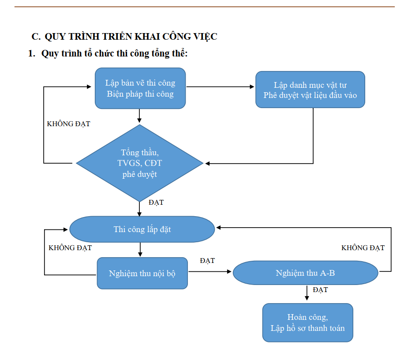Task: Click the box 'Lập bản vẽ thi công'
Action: point(140,88)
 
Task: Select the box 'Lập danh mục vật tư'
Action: point(310,90)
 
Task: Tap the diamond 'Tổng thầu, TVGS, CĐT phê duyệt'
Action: point(140,163)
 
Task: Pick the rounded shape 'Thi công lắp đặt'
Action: point(142,229)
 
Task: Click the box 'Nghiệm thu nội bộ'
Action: point(142,273)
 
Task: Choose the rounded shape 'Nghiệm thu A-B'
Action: point(305,273)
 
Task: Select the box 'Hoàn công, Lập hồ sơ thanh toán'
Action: point(307,322)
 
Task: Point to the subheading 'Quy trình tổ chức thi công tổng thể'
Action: point(114,54)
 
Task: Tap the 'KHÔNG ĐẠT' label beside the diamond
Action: point(68,124)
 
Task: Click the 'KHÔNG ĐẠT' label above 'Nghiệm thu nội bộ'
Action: point(70,248)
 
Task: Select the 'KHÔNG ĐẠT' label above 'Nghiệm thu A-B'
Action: point(363,248)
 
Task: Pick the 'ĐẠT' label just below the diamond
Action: point(156,202)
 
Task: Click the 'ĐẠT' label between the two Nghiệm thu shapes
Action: point(207,261)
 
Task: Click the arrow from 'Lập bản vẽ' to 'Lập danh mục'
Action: point(221,87)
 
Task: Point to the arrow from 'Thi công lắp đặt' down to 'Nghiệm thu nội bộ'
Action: point(140,250)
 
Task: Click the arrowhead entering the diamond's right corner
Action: point(207,163)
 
